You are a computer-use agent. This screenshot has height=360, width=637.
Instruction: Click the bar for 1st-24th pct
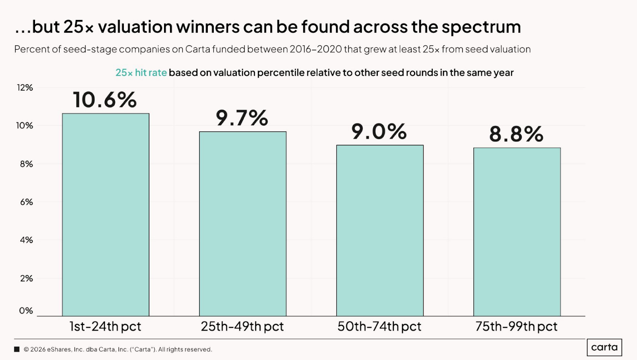point(106,215)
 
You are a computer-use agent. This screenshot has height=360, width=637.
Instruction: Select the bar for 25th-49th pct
point(242,224)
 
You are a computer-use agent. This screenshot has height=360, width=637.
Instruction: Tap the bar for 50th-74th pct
point(380,231)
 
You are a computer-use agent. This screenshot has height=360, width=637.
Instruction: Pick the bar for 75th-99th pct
point(517,232)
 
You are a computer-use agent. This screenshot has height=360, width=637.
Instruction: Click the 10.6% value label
point(105,100)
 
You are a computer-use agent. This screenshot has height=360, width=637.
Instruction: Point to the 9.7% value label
point(242,117)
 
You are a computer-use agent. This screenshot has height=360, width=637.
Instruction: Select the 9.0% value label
point(379,131)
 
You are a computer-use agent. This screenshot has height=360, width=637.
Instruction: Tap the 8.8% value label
point(516,134)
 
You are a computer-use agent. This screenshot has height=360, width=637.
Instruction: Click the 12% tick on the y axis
point(25,88)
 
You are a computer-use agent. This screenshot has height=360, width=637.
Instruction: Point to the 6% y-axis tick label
point(26,202)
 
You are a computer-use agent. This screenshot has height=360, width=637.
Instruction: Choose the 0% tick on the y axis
point(26,311)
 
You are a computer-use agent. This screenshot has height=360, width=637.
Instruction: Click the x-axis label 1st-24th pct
point(105,327)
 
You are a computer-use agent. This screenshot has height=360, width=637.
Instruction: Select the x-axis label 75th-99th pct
point(516,327)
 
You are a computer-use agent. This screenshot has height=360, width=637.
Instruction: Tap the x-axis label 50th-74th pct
point(379,327)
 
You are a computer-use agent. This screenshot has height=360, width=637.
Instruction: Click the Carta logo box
point(604,347)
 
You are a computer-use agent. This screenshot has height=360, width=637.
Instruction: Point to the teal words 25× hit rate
point(141,73)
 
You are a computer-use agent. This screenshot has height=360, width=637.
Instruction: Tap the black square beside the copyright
point(17,349)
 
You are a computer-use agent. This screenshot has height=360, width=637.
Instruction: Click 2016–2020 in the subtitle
point(316,49)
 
